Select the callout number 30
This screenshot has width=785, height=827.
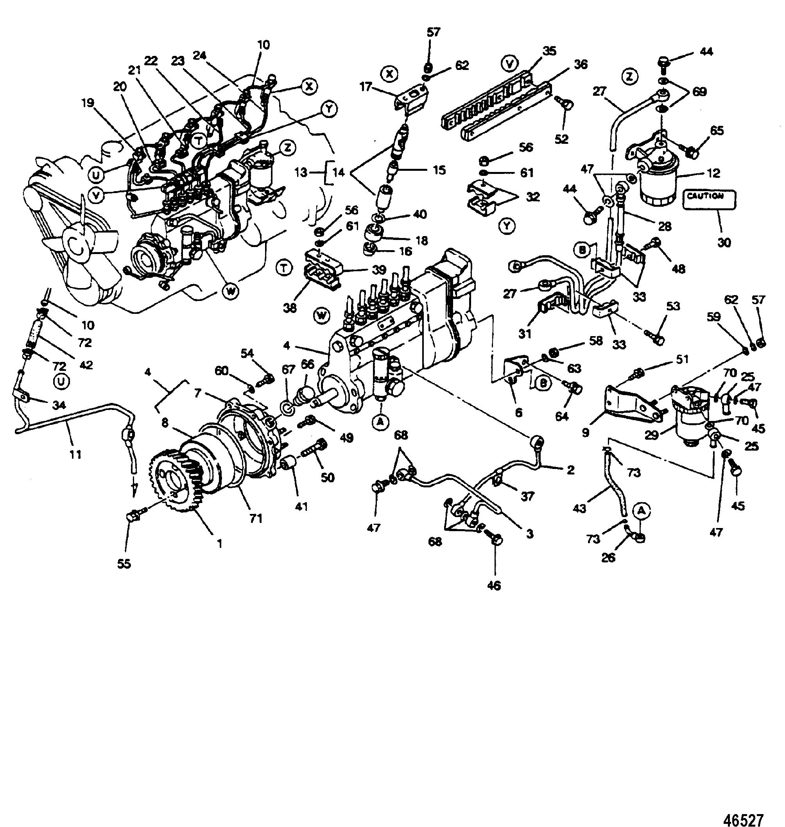pyautogui.click(x=724, y=242)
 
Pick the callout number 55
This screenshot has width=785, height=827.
pyautogui.click(x=124, y=564)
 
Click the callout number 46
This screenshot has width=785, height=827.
pyautogui.click(x=494, y=585)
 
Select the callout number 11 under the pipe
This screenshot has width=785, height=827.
pyautogui.click(x=76, y=454)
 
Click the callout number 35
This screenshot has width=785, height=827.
pyautogui.click(x=549, y=51)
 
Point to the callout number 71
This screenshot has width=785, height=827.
pyautogui.click(x=256, y=518)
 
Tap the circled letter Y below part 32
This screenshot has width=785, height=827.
pyautogui.click(x=507, y=226)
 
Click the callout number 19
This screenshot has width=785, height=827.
pyautogui.click(x=88, y=103)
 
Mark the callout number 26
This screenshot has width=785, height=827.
pyautogui.click(x=608, y=557)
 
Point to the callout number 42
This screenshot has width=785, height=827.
pyautogui.click(x=86, y=365)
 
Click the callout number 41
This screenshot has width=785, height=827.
pyautogui.click(x=301, y=507)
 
